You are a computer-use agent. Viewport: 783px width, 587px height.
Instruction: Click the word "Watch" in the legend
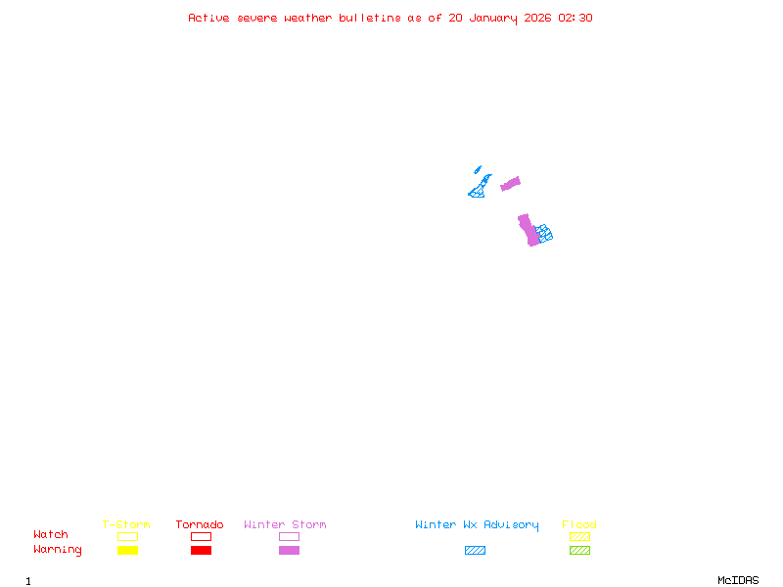(x=51, y=535)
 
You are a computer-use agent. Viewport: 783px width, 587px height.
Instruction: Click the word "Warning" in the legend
(x=58, y=550)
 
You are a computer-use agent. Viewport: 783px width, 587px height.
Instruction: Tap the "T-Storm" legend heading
(x=126, y=524)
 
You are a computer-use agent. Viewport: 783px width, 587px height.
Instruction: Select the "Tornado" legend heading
(x=200, y=524)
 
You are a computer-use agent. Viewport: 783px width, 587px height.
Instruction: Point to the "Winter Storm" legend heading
(x=285, y=524)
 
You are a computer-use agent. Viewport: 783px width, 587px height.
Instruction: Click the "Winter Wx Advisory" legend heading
(x=477, y=524)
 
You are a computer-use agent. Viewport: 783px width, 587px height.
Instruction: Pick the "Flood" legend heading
(x=579, y=524)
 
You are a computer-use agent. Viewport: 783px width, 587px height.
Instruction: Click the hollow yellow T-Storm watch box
(x=127, y=536)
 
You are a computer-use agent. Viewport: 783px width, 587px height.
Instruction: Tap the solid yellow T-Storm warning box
(x=127, y=550)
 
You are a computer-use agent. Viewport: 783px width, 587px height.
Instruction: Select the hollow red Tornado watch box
(x=201, y=536)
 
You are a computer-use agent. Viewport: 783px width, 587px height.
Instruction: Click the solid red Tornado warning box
(x=201, y=550)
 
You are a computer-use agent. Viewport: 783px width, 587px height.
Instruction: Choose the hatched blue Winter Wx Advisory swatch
(x=475, y=550)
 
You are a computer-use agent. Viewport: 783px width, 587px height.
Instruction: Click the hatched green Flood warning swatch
(x=579, y=550)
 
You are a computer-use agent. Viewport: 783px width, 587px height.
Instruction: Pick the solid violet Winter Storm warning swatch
(x=289, y=550)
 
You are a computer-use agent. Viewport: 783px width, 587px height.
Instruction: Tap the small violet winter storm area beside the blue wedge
(x=511, y=183)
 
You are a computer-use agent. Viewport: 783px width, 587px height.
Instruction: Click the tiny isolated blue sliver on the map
(x=478, y=169)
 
